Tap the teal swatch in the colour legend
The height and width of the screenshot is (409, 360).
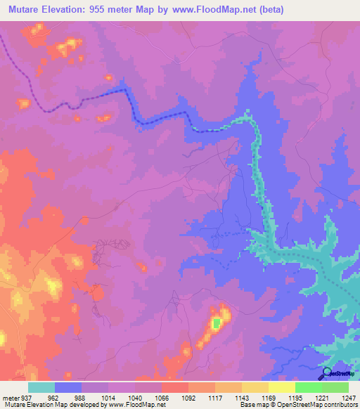(41, 387)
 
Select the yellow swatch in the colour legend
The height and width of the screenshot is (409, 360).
(281, 387)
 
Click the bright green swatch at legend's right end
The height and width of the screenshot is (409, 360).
(335, 387)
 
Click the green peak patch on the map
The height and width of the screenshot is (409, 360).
(217, 323)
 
